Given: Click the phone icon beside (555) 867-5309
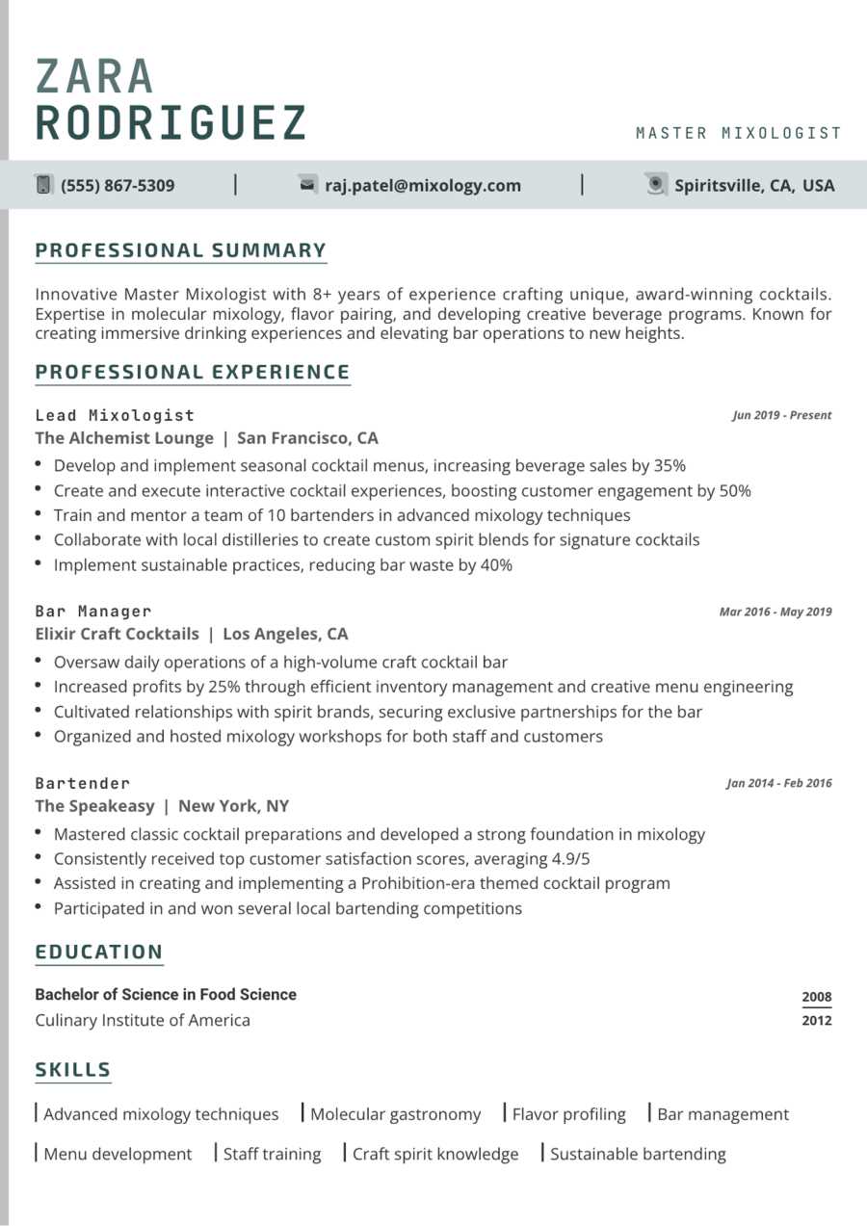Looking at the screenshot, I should point(43,185).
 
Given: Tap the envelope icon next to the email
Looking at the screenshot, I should point(308,185).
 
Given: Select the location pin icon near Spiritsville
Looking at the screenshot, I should point(656,185).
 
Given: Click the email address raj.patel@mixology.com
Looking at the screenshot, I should point(423,186).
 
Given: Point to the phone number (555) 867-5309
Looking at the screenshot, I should point(118,186).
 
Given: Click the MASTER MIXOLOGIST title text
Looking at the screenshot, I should point(739,134).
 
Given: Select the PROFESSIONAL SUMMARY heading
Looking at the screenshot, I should point(181,251).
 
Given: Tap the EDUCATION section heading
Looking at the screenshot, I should point(99,952).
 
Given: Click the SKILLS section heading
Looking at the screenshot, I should point(73,1070).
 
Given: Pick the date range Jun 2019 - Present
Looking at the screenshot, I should point(781,416).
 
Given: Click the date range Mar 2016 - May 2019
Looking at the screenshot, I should point(775,612).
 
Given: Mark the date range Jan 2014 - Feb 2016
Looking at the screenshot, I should point(778,784).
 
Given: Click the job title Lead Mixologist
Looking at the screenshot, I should point(115,415).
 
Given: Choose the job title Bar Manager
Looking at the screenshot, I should point(93,612).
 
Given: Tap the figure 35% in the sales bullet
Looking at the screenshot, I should point(670,466).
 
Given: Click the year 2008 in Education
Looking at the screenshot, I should point(816,997).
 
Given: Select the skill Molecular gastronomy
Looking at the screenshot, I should point(395,1114).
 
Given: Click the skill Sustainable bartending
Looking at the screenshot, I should point(638,1154).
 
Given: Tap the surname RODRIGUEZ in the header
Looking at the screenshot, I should point(171,123).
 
